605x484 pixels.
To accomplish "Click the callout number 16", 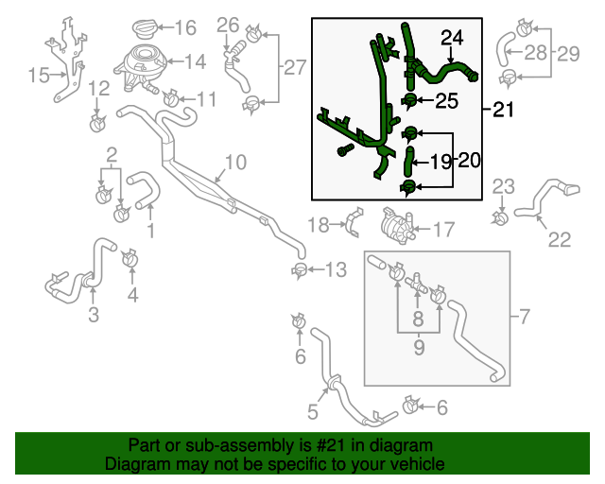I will [184, 28].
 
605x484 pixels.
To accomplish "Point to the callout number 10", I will [234, 163].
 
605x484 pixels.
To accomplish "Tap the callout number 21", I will [503, 111].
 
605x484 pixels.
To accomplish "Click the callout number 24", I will [453, 38].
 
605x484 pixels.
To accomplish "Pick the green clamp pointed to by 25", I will [411, 100].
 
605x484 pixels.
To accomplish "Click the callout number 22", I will [560, 240].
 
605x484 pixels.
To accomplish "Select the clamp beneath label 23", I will [499, 219].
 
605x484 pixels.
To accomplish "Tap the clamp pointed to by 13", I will [300, 273].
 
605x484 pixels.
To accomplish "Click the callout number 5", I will [312, 410].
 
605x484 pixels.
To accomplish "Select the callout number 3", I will [94, 315].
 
